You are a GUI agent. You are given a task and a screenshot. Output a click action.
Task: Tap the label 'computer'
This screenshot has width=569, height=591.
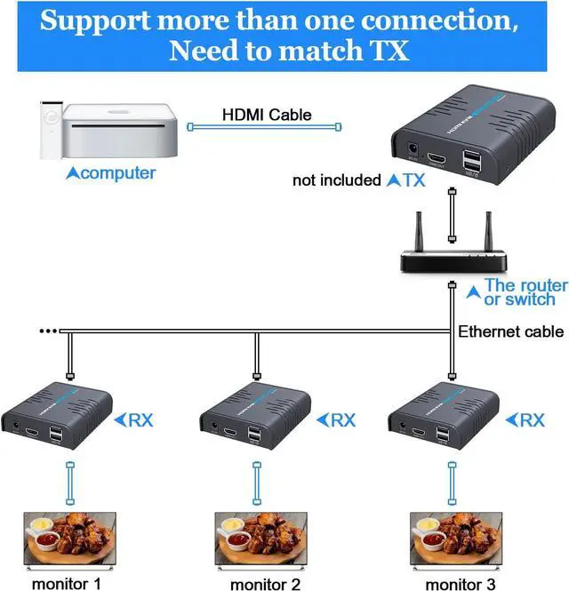(110, 173)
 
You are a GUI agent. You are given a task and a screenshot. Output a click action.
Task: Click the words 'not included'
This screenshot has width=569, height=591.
(337, 180)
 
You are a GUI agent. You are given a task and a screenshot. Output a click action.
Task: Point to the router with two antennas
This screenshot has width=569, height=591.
(453, 254)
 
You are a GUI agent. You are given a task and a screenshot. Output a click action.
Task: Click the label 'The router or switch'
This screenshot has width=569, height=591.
(525, 292)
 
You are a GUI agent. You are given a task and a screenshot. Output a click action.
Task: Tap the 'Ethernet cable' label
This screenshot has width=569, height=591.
(510, 331)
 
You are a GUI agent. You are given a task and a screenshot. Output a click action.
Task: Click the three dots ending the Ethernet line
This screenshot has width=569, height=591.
(46, 331)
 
